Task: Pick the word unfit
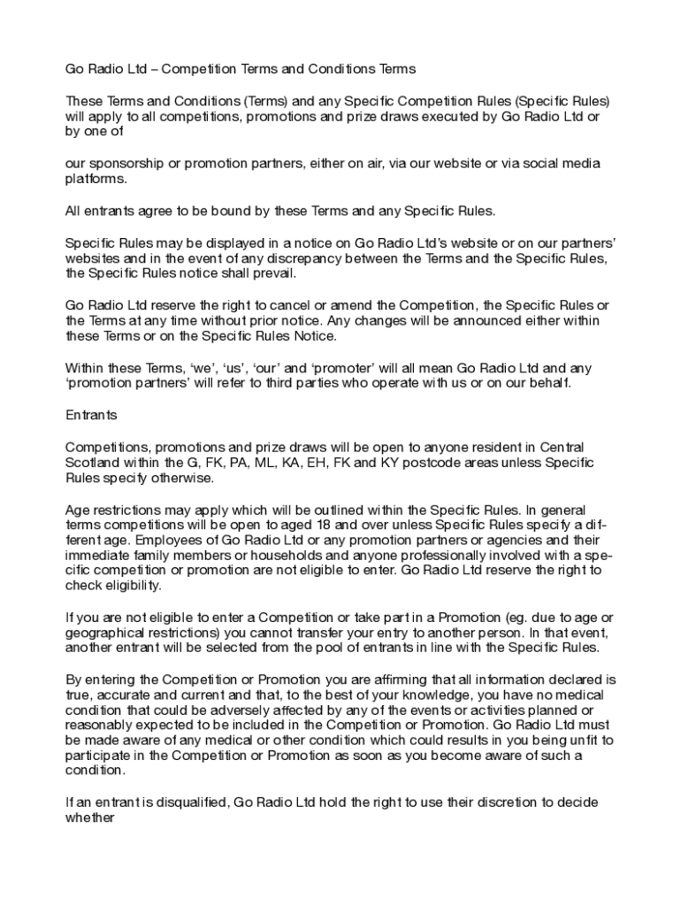(578, 740)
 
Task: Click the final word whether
(91, 818)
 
